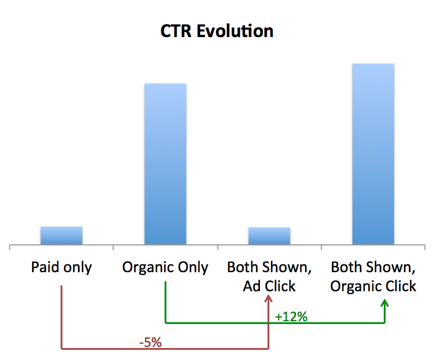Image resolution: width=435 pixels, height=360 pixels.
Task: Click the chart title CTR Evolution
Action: pyautogui.click(x=217, y=31)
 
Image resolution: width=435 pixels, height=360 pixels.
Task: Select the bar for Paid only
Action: pyautogui.click(x=61, y=235)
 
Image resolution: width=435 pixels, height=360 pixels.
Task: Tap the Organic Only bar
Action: pyautogui.click(x=165, y=164)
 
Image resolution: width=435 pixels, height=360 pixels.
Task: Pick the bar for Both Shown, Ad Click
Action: pyautogui.click(x=269, y=236)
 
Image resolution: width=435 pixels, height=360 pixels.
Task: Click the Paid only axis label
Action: pyautogui.click(x=61, y=268)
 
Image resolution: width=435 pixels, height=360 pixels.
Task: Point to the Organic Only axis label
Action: pyautogui.click(x=165, y=268)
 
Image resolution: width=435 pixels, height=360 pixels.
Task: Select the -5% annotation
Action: pyautogui.click(x=150, y=343)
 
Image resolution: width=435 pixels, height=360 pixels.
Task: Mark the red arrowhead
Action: pyautogui.click(x=268, y=299)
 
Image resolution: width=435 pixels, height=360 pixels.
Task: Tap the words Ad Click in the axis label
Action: pyautogui.click(x=269, y=286)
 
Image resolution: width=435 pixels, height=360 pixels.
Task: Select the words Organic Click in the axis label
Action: pyautogui.click(x=373, y=286)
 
